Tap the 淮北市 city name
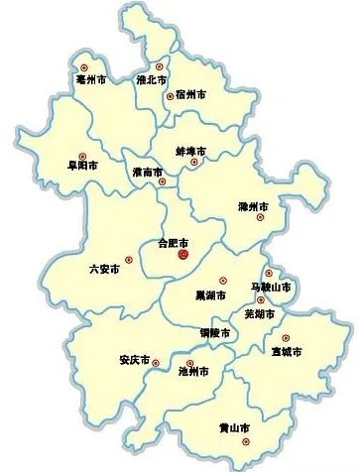152,76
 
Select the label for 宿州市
190,94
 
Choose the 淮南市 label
148,173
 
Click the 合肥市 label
175,242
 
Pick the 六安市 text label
105,268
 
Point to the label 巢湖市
208,295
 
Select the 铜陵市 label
213,333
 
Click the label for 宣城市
287,351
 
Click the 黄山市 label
234,428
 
